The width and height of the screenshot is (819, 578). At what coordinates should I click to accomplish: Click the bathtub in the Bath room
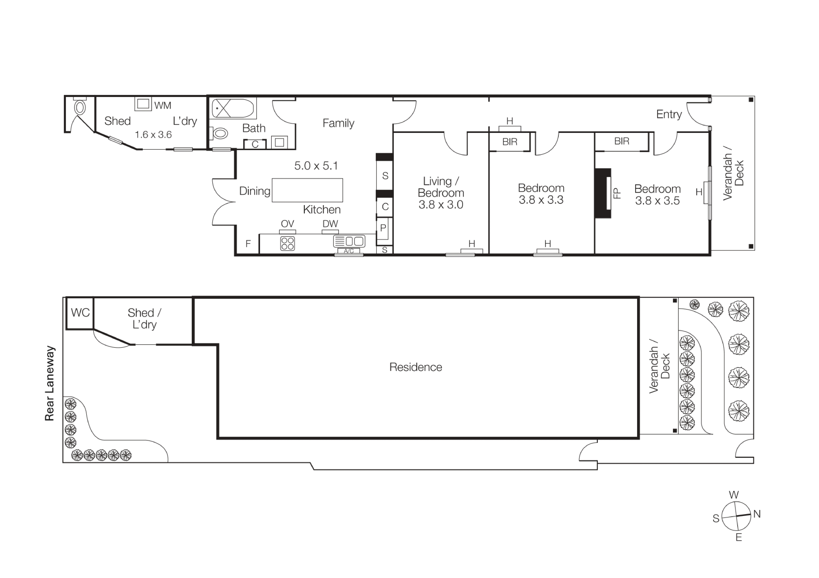coord(233,108)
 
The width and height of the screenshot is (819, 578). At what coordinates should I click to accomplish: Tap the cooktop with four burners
coord(287,243)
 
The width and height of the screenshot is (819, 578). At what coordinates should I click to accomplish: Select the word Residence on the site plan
coord(416,367)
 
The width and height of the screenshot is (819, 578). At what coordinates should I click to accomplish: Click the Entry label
coord(669,114)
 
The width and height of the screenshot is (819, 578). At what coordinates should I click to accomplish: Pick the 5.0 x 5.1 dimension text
coord(316,166)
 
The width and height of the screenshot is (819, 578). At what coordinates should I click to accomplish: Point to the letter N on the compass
coord(757,514)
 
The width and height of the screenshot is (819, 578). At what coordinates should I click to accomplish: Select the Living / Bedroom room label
coord(441,187)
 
